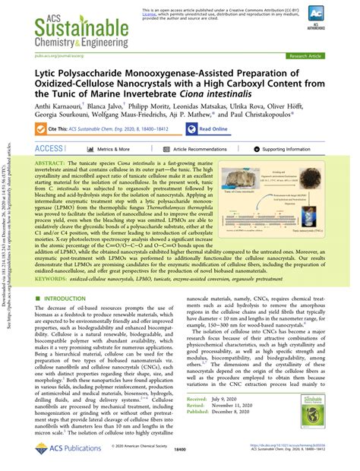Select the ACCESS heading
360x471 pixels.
coord(49,149)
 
